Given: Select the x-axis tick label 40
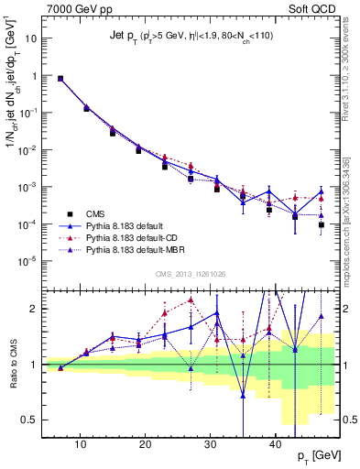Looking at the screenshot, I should point(276,443).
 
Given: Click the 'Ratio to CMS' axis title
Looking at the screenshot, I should point(12,364).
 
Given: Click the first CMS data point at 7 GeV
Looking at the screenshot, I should point(60,79).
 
